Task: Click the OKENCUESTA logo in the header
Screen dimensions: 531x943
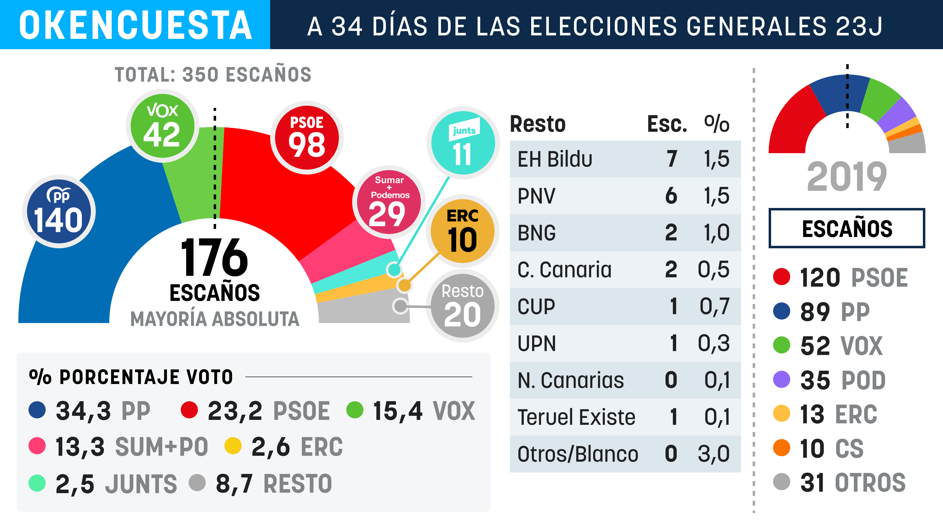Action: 135,25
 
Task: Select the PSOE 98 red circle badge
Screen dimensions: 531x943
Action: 307,138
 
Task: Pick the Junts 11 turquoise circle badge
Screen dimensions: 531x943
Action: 463,143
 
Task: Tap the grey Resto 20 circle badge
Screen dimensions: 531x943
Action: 463,306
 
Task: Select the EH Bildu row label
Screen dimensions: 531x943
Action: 555,159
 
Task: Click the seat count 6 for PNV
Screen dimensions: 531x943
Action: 671,196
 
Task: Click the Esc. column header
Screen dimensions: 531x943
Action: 667,124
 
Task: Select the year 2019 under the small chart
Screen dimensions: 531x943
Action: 847,177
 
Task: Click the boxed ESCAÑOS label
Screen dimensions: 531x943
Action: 847,228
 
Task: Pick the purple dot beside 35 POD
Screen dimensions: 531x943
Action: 782,379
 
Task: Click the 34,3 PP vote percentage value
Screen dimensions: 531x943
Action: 83,411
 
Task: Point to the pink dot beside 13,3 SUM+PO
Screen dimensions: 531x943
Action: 37,446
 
